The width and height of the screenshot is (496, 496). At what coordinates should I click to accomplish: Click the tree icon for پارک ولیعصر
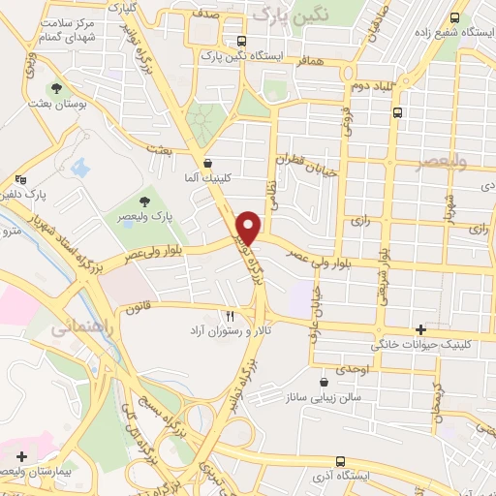[144, 201]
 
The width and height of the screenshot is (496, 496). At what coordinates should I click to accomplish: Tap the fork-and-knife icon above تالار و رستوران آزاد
[230, 316]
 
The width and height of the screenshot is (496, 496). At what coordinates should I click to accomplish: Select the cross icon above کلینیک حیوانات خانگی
[419, 329]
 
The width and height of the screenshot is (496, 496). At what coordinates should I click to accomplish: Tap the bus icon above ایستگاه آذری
[338, 461]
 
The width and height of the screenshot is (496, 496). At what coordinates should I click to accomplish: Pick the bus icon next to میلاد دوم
[398, 112]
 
